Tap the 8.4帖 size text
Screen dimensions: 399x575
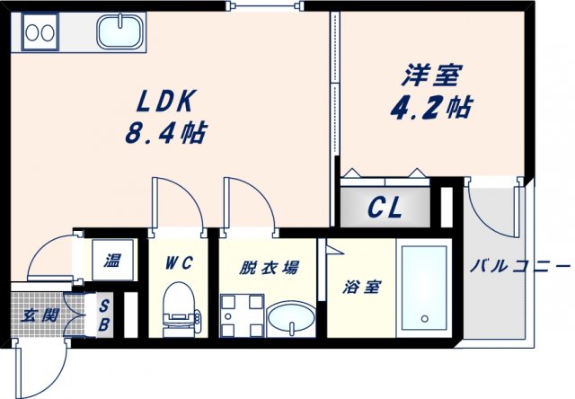point(165,135)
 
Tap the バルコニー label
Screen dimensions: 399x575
point(520,267)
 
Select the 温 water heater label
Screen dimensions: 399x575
point(111,262)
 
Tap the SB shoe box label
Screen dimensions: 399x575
point(103,315)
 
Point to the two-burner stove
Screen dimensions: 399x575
point(39,33)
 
